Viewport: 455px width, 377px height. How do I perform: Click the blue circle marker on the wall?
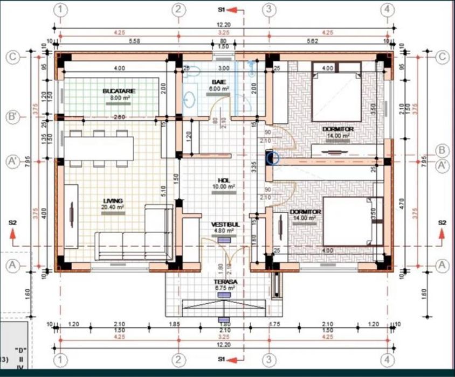pos(273,158)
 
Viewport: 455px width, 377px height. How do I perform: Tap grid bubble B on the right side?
pos(443,150)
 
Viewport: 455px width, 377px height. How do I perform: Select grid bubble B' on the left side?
pos(13,117)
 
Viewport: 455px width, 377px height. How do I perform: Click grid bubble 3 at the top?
pos(268,10)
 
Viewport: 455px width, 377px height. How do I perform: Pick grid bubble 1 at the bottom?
pos(61,359)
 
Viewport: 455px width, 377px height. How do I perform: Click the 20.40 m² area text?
pos(114,206)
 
